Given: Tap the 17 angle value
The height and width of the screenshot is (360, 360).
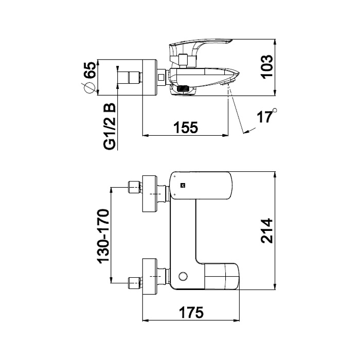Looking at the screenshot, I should pyautogui.click(x=264, y=117).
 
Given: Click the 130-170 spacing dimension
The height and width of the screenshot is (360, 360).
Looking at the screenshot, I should pyautogui.click(x=103, y=236).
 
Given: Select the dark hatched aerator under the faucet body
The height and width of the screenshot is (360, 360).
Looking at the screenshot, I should pyautogui.click(x=183, y=90).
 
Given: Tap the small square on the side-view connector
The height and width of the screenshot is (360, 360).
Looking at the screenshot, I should pyautogui.click(x=161, y=78).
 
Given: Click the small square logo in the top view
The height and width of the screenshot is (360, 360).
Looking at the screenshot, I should pyautogui.click(x=182, y=186).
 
